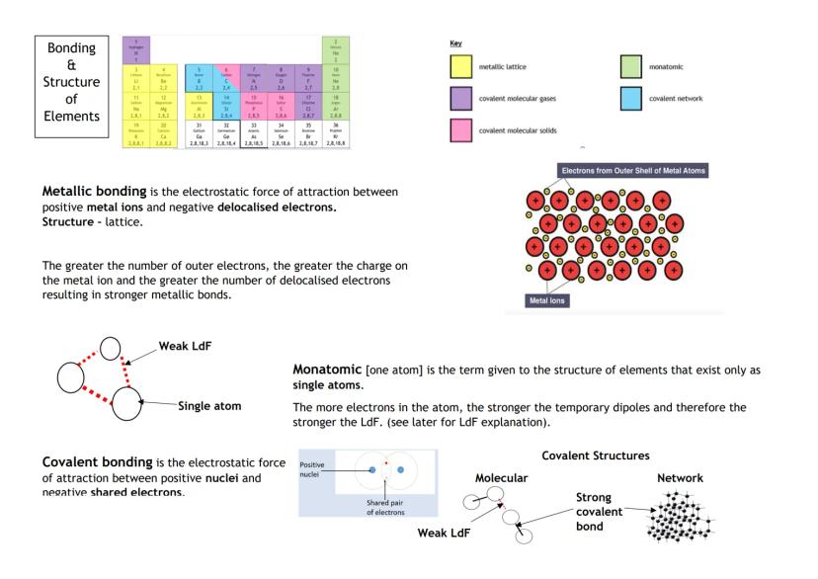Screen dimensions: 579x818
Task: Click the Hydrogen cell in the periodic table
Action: (135, 48)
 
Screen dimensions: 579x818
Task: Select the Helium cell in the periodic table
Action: (336, 48)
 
